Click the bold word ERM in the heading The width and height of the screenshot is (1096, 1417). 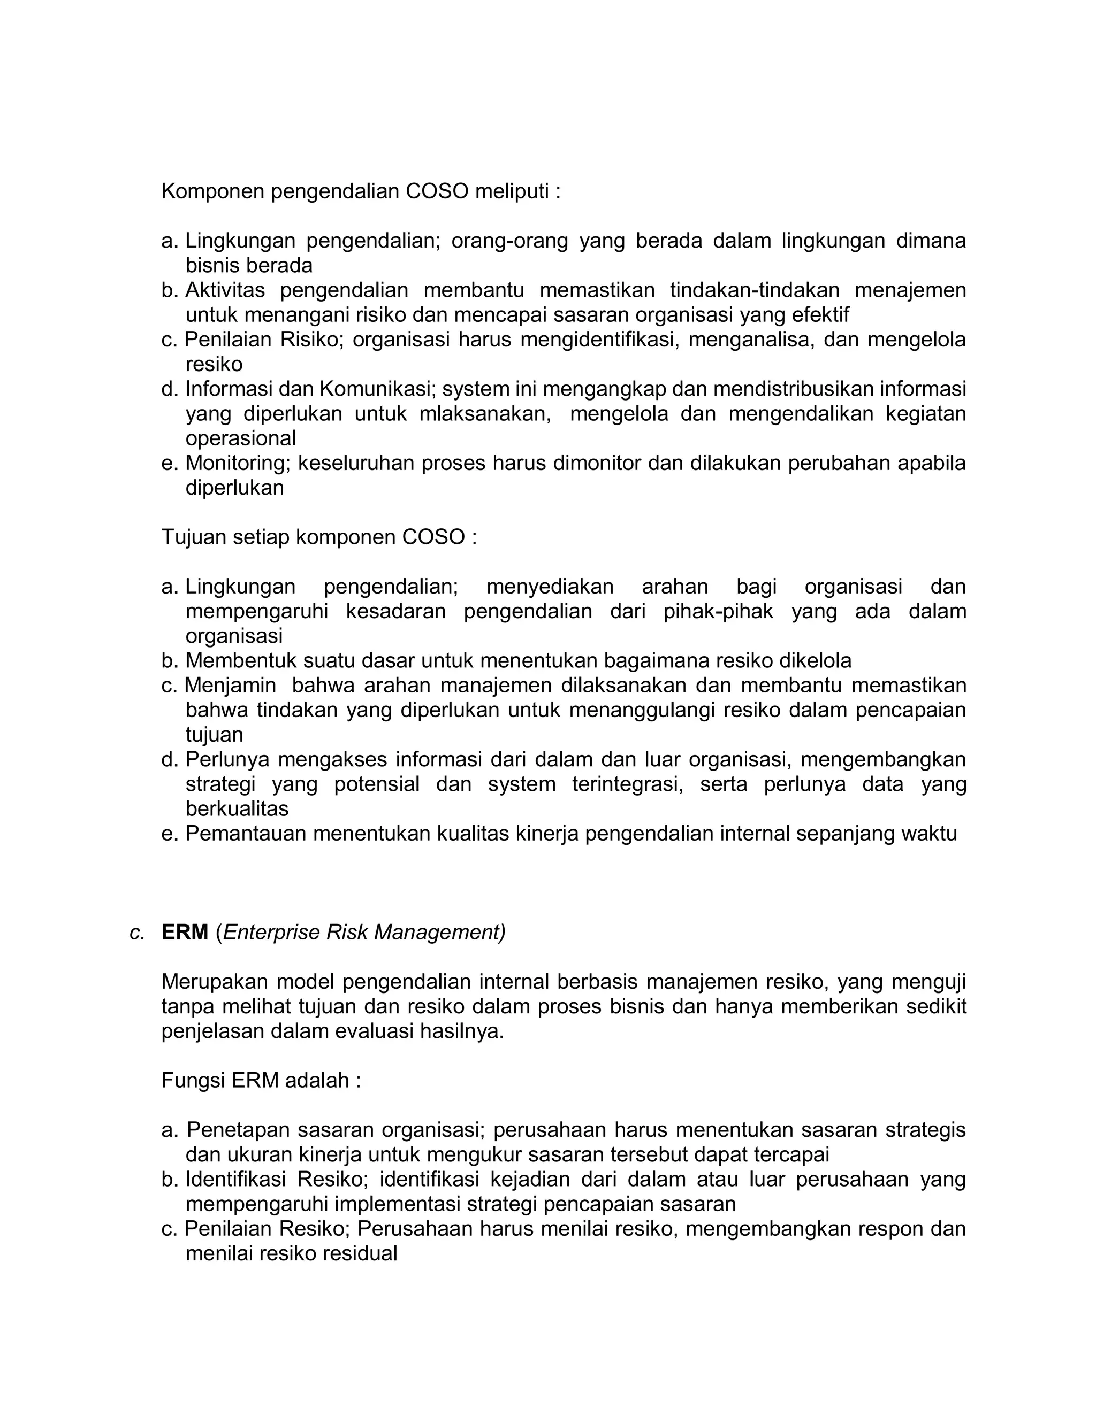click(x=185, y=933)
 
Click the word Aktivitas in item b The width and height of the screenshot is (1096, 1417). click(x=226, y=290)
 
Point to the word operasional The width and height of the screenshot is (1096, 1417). click(x=240, y=438)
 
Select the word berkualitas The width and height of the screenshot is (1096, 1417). click(x=237, y=808)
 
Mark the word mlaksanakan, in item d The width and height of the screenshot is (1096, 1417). click(x=485, y=414)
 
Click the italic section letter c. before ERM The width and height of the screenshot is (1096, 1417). click(x=137, y=933)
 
